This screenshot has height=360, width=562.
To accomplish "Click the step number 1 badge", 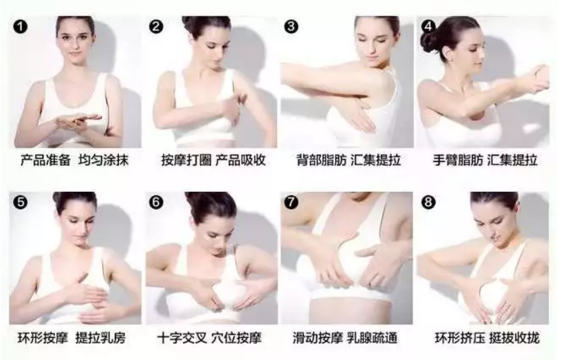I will [x=20, y=27].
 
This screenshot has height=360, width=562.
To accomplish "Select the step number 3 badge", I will [x=292, y=27].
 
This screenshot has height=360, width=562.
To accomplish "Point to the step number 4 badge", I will [x=428, y=27].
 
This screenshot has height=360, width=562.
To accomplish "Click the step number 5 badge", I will [x=20, y=201].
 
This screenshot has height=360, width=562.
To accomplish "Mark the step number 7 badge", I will [x=292, y=201].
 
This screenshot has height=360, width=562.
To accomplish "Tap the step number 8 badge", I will [x=428, y=201].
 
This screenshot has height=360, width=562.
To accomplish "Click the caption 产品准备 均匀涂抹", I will [x=74, y=161].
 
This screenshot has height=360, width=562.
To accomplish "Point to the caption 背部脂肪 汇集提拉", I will [x=348, y=161].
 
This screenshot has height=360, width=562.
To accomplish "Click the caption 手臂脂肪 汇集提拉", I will [x=485, y=161].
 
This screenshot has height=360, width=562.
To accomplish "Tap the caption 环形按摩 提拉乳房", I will [x=74, y=337].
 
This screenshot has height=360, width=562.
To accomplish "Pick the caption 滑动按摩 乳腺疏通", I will [x=348, y=337].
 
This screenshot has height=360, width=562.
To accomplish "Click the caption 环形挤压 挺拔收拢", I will [x=485, y=337].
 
